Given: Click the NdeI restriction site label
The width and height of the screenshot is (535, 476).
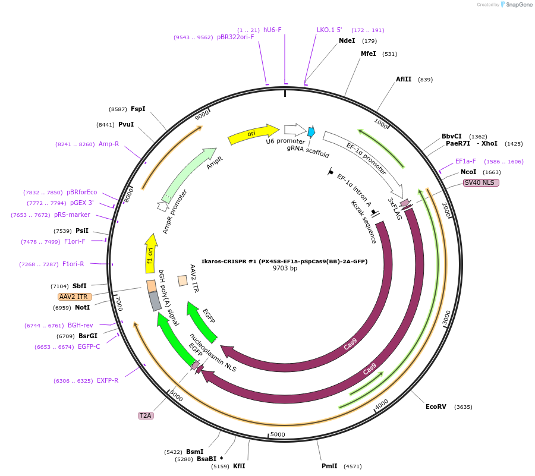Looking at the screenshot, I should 347,40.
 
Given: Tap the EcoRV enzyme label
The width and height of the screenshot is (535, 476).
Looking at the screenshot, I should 436,407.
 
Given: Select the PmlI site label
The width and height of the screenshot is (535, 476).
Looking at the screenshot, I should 329,466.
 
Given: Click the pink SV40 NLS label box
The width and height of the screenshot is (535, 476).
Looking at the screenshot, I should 481,183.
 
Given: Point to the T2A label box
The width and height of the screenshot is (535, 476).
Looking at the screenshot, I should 146,415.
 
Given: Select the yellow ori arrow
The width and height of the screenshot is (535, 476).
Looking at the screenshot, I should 253,134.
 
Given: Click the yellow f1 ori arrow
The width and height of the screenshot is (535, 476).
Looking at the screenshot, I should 151,253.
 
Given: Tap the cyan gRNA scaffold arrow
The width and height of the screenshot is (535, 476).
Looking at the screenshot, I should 311,132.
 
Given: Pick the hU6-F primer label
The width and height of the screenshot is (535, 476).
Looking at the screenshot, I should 272,30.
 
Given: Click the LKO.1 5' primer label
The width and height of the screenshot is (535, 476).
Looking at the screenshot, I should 329,30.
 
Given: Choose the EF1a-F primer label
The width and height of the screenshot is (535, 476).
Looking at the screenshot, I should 465,161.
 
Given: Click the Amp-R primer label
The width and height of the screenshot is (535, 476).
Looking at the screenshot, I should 109,144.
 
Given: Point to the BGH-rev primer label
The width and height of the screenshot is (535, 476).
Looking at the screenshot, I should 80,325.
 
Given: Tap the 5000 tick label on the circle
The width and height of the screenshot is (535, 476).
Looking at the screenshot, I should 278,434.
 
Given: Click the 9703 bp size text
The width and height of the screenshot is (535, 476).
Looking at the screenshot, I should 285,269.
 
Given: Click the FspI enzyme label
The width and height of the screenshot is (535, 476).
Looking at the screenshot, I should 138,109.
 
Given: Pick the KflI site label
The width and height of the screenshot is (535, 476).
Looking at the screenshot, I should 239,466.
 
